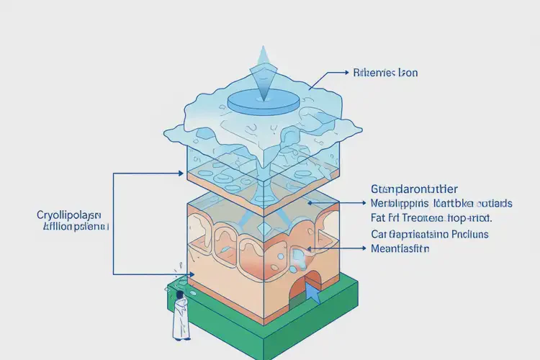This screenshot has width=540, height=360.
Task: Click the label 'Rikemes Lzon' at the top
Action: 386,73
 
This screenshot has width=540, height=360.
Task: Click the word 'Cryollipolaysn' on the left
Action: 69,215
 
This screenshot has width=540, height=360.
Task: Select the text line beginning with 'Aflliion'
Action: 72,226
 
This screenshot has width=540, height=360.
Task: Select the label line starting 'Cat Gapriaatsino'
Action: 430,234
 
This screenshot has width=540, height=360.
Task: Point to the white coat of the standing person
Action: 179,317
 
